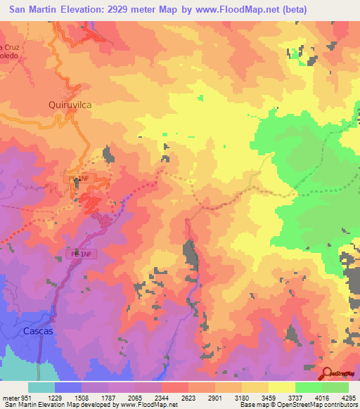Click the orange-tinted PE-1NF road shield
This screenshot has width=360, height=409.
coord(78,179)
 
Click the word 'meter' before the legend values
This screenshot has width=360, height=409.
coord(11,397)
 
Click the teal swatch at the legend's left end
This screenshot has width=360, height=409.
coord(41,387)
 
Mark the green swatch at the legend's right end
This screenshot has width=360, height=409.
coord(335,387)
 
